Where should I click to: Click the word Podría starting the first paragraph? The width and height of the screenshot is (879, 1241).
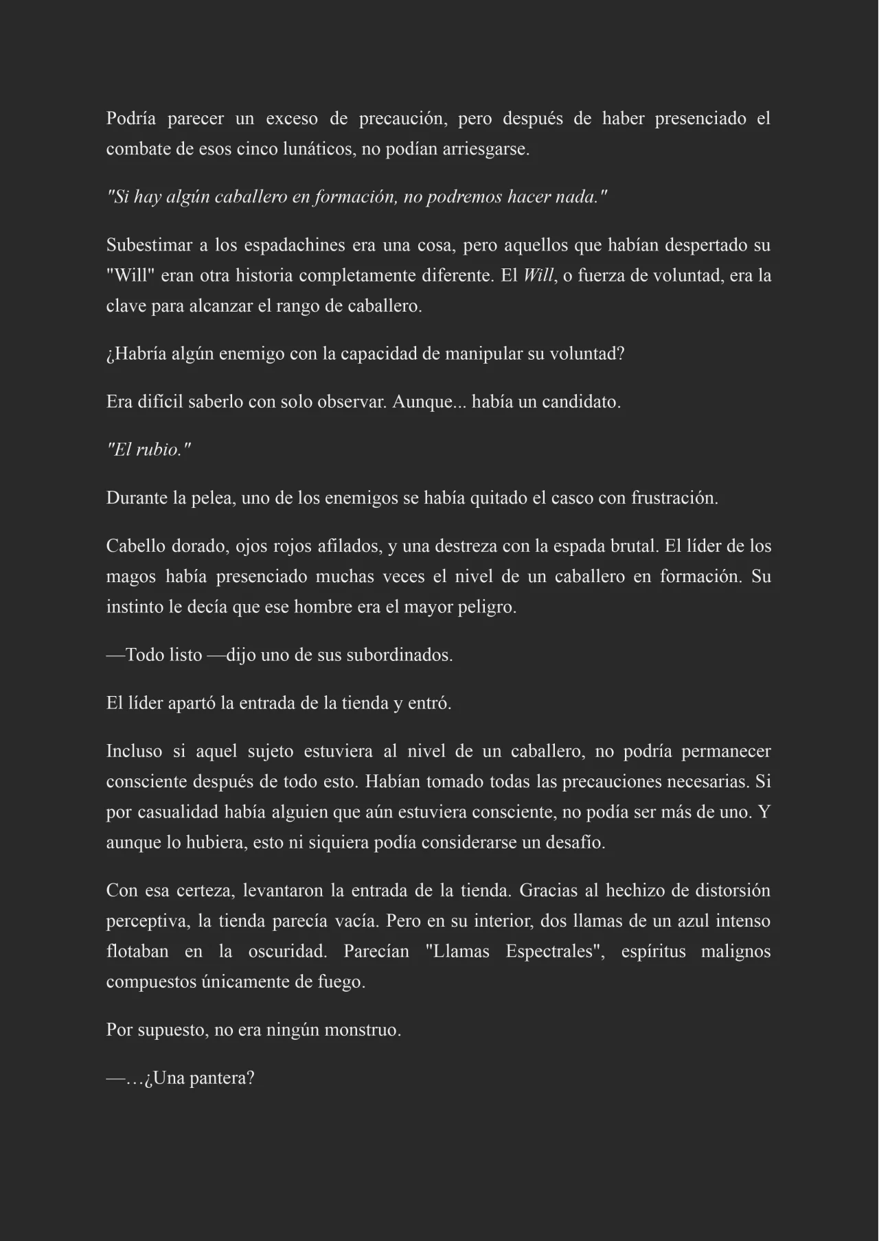(x=130, y=119)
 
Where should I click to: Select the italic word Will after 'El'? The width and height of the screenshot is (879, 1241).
(x=538, y=276)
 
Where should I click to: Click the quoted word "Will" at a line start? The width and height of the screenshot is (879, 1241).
(x=129, y=276)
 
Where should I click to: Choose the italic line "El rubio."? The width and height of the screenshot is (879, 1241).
(x=148, y=450)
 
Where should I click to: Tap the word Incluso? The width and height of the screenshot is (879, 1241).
(x=134, y=752)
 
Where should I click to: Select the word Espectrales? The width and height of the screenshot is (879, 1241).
(x=553, y=952)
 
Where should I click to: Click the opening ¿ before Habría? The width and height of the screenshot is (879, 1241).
(x=110, y=355)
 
